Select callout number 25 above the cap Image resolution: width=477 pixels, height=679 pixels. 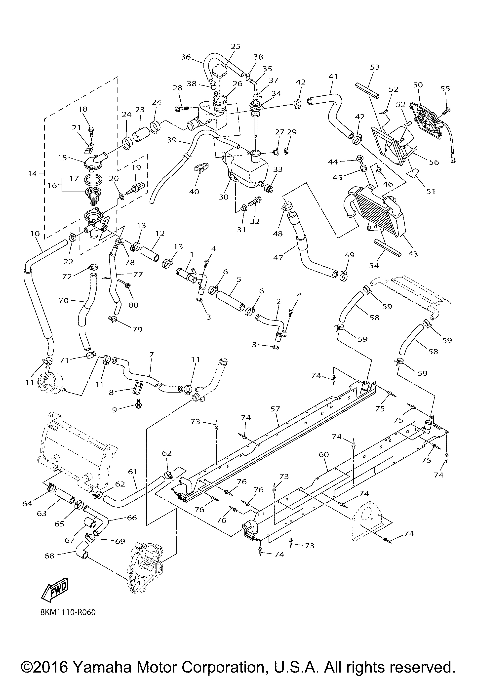(x=236, y=46)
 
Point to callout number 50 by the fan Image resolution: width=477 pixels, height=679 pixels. (x=418, y=85)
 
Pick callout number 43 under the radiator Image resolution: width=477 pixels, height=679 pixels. (x=413, y=253)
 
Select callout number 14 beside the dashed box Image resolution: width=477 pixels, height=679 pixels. (x=33, y=174)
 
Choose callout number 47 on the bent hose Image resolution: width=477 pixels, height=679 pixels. (x=278, y=258)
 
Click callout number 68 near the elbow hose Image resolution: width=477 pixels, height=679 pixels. (x=49, y=556)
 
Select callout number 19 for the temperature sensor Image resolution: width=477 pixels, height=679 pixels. (x=136, y=168)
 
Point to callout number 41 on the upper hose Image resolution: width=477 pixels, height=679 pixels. (x=333, y=77)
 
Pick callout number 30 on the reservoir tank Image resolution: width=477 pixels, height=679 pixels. (x=224, y=197)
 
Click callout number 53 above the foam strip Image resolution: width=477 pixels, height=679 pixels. (x=375, y=67)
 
